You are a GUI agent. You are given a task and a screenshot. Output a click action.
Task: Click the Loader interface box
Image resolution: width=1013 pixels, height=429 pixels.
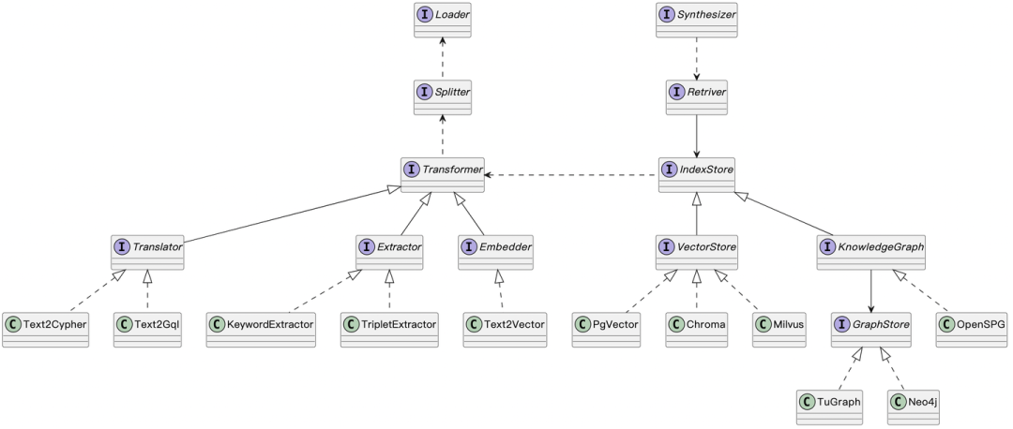click(x=443, y=20)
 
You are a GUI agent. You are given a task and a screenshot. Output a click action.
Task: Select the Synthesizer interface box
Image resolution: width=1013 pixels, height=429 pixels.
click(x=696, y=20)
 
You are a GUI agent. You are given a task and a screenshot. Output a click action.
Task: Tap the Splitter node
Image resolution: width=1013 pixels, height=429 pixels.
click(x=443, y=96)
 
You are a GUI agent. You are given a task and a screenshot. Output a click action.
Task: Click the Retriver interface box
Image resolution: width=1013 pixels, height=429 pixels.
click(x=696, y=96)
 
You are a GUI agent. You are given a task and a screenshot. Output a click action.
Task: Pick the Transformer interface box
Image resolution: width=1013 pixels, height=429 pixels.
click(x=443, y=174)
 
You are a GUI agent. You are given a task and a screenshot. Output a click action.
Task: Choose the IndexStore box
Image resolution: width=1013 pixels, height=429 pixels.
click(x=696, y=174)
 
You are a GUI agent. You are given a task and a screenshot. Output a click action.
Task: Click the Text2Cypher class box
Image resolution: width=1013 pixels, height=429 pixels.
click(x=45, y=329)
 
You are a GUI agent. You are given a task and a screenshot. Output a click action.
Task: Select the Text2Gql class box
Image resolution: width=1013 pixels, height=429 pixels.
click(x=146, y=329)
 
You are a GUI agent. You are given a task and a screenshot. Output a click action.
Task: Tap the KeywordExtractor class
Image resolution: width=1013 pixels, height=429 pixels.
click(x=262, y=329)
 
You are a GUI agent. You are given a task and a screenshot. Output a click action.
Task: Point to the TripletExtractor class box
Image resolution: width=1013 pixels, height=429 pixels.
click(x=390, y=329)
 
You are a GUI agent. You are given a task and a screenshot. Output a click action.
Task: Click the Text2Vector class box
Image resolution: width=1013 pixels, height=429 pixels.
click(x=505, y=329)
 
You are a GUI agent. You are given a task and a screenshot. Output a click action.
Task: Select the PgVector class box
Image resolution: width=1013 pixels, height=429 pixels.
click(x=606, y=329)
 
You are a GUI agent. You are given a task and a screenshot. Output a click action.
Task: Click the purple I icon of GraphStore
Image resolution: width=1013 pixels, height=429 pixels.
click(x=844, y=324)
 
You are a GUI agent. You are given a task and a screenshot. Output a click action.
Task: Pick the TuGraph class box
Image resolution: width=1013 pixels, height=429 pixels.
click(x=829, y=406)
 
